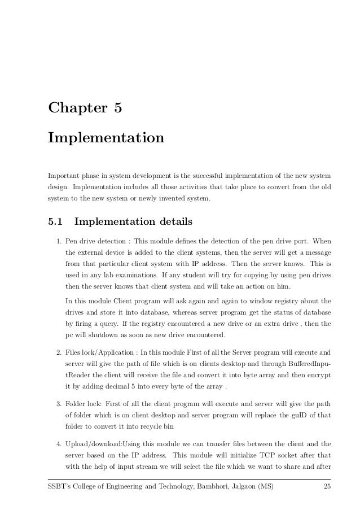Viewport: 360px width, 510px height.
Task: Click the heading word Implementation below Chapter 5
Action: [x=106, y=138]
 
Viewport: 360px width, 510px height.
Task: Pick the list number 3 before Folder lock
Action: [x=58, y=404]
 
